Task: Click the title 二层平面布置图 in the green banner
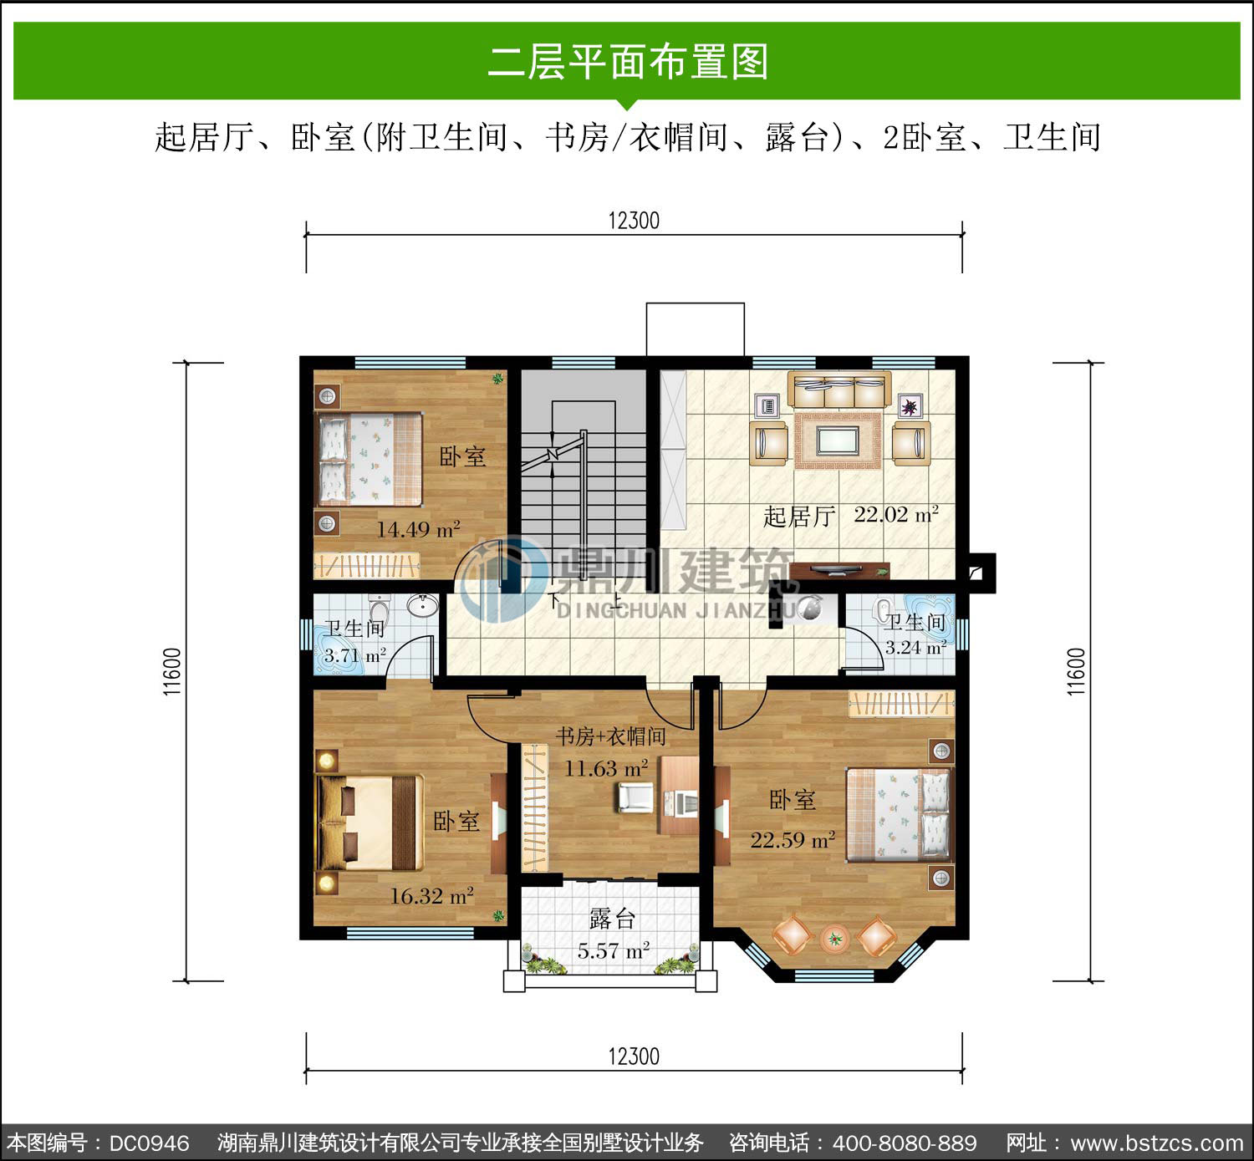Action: tap(628, 62)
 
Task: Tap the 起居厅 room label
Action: tap(799, 517)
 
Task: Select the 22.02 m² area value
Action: tap(896, 515)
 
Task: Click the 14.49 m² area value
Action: tap(418, 529)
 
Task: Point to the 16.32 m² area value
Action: tap(431, 896)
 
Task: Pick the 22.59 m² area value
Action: tap(793, 840)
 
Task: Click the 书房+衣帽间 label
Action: tap(610, 736)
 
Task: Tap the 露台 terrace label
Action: tap(612, 919)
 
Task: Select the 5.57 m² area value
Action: tap(613, 950)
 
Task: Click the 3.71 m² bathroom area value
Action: tap(354, 655)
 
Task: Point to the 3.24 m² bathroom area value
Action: tap(915, 647)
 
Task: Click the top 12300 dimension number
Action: tap(634, 221)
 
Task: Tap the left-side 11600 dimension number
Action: tap(172, 672)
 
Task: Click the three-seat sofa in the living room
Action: tap(839, 389)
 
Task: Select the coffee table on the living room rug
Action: tap(838, 440)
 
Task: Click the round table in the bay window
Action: tap(834, 939)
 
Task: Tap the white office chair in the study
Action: tap(635, 797)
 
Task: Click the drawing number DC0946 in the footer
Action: tap(150, 1143)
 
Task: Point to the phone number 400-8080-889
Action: tap(905, 1143)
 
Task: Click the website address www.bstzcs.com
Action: tap(1157, 1143)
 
